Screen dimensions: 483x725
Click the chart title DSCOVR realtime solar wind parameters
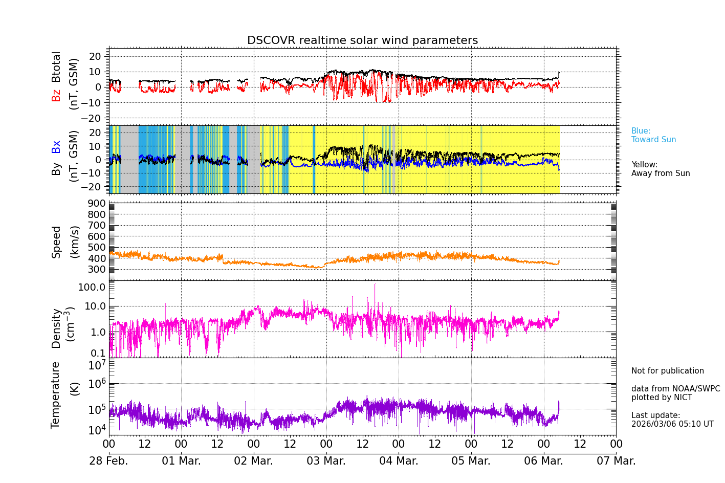click(x=362, y=40)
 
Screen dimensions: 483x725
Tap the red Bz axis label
click(x=56, y=95)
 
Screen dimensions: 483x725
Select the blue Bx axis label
click(x=56, y=146)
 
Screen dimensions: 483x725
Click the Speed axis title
click(x=56, y=242)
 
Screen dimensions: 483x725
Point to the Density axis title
click(x=56, y=328)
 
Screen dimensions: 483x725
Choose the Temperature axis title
click(x=56, y=394)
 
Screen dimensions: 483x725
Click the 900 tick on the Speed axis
click(x=93, y=204)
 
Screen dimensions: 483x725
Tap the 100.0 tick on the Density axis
click(x=92, y=287)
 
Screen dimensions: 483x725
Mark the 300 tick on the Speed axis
click(x=93, y=270)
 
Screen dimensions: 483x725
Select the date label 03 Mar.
click(x=326, y=461)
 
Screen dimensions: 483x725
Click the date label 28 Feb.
click(x=108, y=461)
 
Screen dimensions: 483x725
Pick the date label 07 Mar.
click(x=616, y=461)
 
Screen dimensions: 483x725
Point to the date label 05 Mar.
click(x=471, y=461)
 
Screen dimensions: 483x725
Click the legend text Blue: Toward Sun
click(x=653, y=136)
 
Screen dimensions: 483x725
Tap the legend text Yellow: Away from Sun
click(x=660, y=169)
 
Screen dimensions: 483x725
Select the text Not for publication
click(x=667, y=371)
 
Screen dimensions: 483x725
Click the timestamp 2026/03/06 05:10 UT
click(x=672, y=424)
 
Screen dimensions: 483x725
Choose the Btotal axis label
click(x=56, y=67)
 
